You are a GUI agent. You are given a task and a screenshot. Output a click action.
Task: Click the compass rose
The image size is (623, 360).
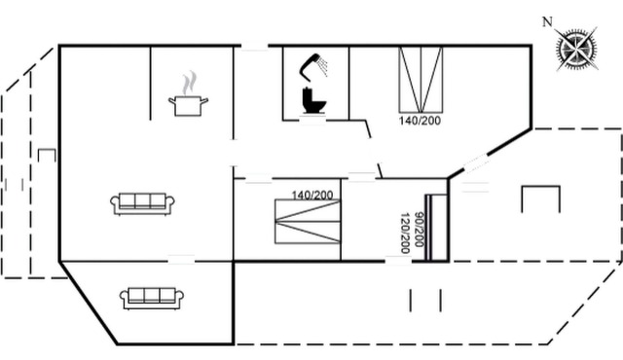[x=577, y=50]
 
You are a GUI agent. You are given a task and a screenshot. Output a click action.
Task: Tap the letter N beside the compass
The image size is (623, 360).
[x=547, y=22]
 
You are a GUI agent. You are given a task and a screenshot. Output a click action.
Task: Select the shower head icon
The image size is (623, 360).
[x=313, y=65]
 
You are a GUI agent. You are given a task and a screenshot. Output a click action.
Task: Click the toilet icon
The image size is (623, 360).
[x=313, y=100]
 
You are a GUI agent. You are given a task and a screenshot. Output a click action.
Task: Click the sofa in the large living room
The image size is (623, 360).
[x=142, y=204]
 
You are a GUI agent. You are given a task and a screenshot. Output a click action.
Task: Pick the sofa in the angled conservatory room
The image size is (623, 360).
[x=152, y=299]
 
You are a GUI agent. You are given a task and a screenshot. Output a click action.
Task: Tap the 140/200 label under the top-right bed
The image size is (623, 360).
[x=420, y=121]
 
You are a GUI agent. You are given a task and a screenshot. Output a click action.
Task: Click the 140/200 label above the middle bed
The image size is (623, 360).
[x=312, y=195]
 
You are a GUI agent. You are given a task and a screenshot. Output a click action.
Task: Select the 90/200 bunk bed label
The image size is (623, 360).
[x=419, y=230]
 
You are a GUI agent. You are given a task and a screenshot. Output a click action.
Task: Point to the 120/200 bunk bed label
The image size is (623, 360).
[x=405, y=234]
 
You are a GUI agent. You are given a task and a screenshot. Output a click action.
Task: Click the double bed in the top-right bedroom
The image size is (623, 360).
[x=421, y=80]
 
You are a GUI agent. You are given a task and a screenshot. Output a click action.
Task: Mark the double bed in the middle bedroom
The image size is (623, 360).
[x=308, y=222]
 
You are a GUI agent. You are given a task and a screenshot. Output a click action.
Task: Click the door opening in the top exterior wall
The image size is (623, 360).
[x=255, y=47]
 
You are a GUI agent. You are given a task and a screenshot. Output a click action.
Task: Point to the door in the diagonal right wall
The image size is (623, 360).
[x=476, y=163]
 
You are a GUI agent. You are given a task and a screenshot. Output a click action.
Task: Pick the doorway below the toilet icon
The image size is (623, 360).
[x=312, y=120]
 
